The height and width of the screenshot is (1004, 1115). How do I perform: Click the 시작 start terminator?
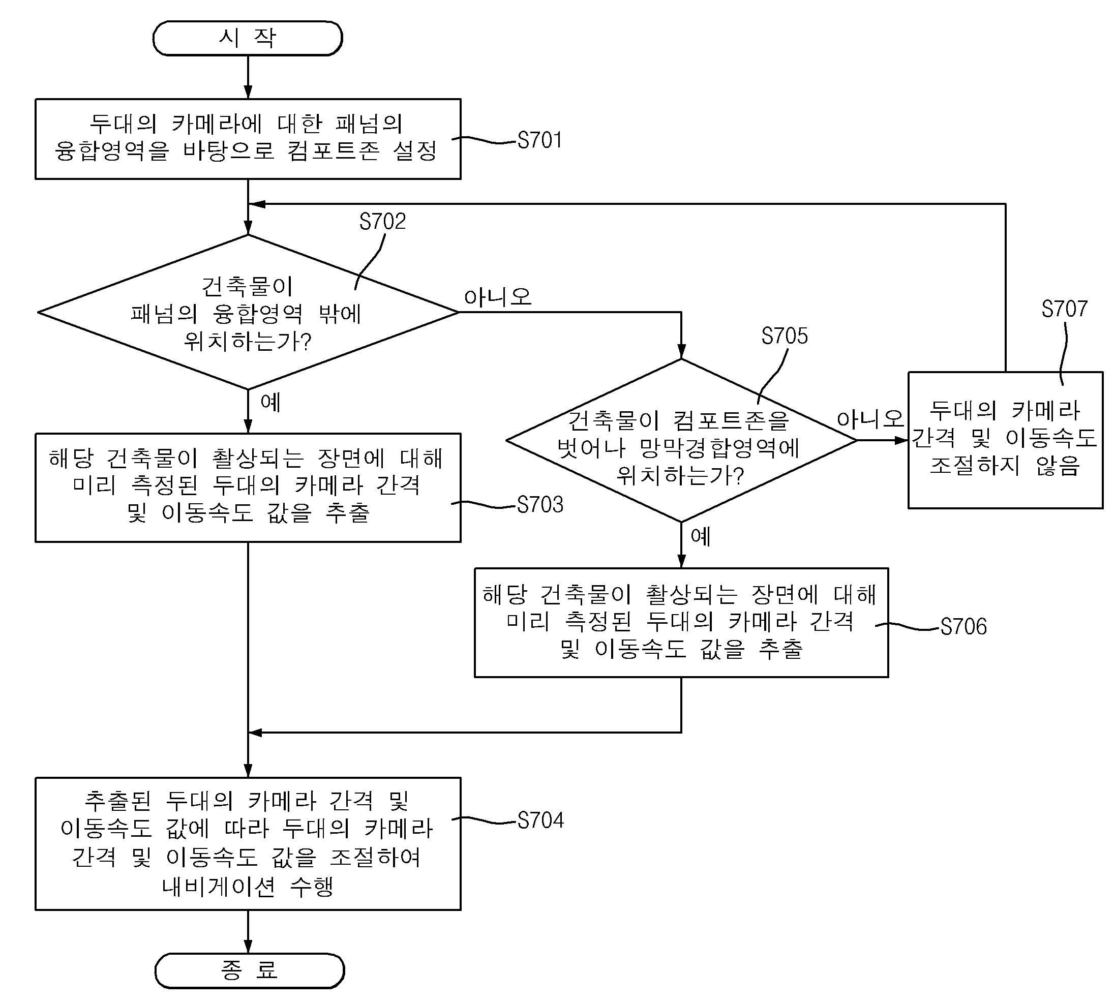pyautogui.click(x=248, y=38)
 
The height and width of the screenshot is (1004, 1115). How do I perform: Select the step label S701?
pyautogui.click(x=539, y=140)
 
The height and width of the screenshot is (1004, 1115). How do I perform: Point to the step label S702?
pyautogui.click(x=382, y=221)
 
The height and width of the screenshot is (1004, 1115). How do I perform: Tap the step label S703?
pyautogui.click(x=540, y=504)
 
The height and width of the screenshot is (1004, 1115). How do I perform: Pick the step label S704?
pyautogui.click(x=540, y=820)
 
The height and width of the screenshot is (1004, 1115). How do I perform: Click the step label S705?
pyautogui.click(x=785, y=336)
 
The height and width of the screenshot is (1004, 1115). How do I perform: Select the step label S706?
pyautogui.click(x=964, y=626)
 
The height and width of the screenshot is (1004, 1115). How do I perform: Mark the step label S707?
pyautogui.click(x=1065, y=309)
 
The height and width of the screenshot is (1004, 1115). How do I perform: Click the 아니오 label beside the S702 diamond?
pyautogui.click(x=498, y=297)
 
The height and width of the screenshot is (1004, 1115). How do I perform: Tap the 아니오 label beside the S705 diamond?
pyautogui.click(x=870, y=419)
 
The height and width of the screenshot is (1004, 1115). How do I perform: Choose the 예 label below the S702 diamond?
pyautogui.click(x=270, y=402)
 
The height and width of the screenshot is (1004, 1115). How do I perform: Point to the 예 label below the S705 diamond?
pyautogui.click(x=701, y=536)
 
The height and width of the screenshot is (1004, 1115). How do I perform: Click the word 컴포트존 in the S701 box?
pyautogui.click(x=333, y=150)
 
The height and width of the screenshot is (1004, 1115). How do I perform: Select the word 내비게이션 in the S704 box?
pyautogui.click(x=219, y=887)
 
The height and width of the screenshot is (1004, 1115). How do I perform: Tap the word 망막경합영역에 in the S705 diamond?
pyautogui.click(x=719, y=448)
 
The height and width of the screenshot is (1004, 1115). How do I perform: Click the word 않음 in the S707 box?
pyautogui.click(x=1058, y=466)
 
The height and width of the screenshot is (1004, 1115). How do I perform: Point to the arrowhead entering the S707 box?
pyautogui.click(x=902, y=440)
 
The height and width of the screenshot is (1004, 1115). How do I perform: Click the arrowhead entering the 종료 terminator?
pyautogui.click(x=248, y=947)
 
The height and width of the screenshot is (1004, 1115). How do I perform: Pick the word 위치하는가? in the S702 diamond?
pyautogui.click(x=248, y=342)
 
